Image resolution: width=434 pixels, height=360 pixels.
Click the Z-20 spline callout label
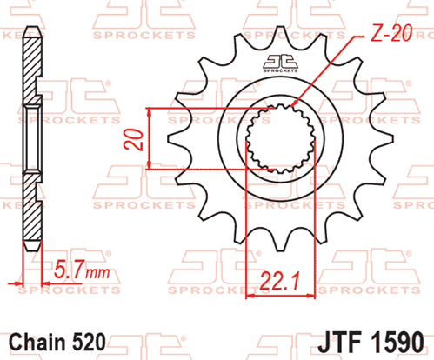391,33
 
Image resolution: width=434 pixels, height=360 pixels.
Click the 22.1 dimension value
279,281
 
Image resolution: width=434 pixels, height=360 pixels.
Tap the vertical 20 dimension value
133,140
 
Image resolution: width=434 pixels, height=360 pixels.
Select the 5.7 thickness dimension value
70,269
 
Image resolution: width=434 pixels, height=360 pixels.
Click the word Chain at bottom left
37,343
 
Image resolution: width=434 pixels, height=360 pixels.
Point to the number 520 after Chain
89,343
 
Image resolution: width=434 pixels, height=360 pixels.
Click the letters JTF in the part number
339,343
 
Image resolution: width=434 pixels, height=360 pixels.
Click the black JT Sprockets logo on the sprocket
280,63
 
